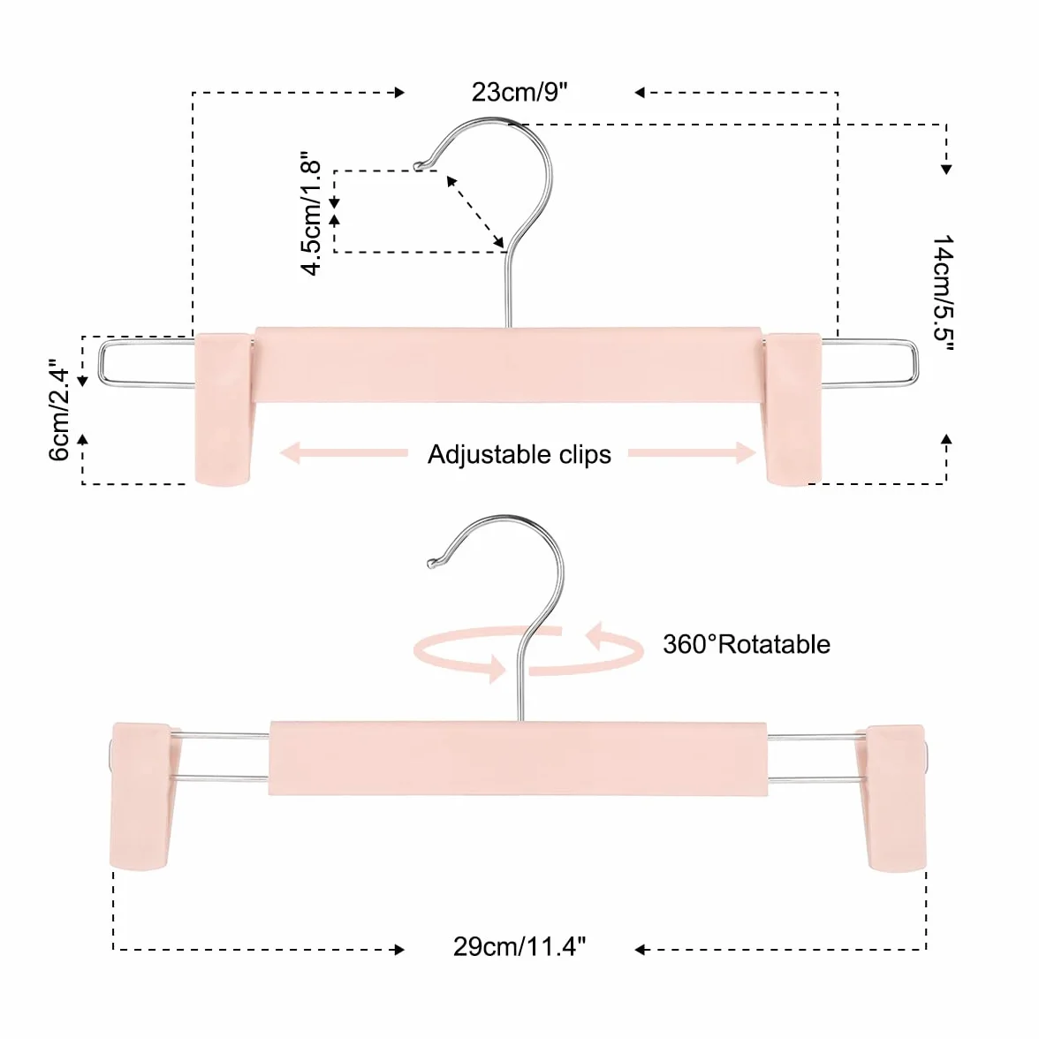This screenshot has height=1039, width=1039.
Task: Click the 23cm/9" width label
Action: (519, 92)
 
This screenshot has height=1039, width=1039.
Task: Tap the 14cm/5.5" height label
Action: (942, 292)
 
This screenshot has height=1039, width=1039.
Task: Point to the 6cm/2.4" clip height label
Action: (59, 410)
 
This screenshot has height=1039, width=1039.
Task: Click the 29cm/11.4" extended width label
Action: (519, 946)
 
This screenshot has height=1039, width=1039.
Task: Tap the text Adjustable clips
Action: (519, 454)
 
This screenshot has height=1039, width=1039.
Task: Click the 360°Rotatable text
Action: (747, 644)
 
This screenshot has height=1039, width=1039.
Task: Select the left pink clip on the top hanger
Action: (224, 409)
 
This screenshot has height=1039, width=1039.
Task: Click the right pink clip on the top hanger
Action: (793, 409)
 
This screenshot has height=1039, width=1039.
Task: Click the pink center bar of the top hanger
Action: (508, 364)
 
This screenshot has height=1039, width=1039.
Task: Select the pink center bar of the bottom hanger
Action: (518, 758)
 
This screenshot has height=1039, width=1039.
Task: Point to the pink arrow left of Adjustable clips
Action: (344, 453)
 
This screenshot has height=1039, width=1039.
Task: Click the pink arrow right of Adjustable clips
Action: (693, 453)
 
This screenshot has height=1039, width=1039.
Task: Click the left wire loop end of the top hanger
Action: (99, 362)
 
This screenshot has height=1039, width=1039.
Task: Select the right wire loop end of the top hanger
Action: (916, 363)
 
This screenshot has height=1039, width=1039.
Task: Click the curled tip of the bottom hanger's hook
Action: (433, 564)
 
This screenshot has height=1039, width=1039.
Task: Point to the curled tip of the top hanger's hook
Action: (419, 166)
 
